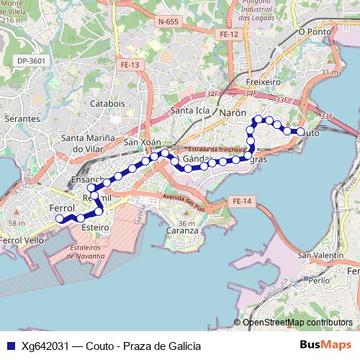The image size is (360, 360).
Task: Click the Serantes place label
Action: click(x=22, y=117)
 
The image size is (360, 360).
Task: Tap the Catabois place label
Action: click(x=107, y=103)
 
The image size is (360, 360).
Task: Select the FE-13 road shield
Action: click(x=130, y=65)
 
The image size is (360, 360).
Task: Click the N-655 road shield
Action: click(x=167, y=22)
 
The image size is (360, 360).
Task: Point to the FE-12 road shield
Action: click(x=229, y=34)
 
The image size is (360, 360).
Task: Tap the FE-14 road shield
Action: click(x=243, y=202)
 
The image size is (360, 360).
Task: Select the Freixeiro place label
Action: click(x=263, y=82)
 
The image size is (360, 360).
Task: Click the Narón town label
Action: click(x=233, y=113)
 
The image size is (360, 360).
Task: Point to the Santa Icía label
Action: click(x=190, y=111)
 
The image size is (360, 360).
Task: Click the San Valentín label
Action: click(x=321, y=255)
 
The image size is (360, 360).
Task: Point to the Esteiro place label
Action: click(x=95, y=227)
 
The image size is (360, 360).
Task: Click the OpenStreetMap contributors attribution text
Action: click(x=298, y=323)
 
